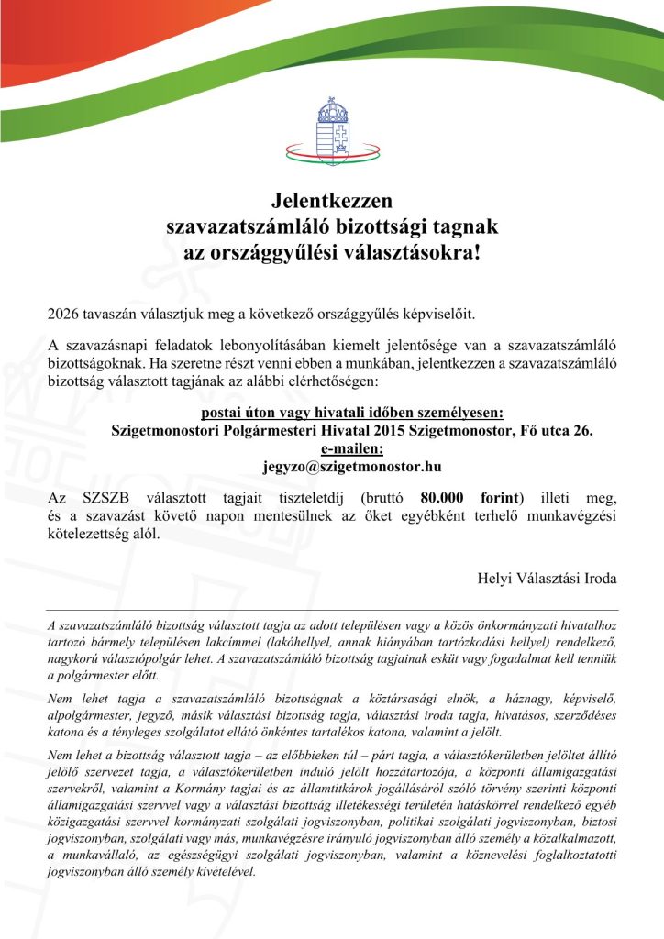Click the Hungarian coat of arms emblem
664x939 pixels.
point(331,127)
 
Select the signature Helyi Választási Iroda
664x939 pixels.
point(548,579)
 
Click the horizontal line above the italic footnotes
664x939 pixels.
point(331,610)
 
